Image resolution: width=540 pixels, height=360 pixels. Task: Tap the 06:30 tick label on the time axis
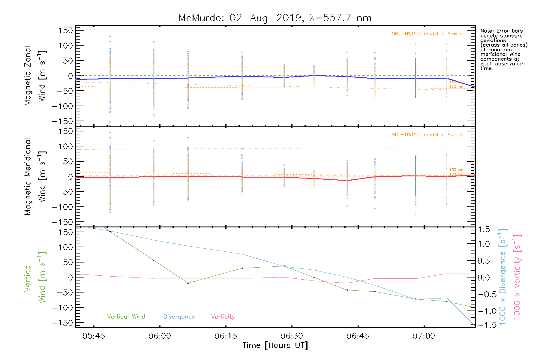[292, 336]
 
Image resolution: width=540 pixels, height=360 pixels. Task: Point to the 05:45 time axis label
[94, 336]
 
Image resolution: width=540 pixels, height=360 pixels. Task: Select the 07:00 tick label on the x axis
[424, 336]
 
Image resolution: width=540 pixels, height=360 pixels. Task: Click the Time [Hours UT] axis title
[275, 345]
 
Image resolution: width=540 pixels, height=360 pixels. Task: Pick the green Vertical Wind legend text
[126, 316]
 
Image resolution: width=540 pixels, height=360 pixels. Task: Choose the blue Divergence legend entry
[179, 316]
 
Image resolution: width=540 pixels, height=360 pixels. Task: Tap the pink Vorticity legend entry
[223, 316]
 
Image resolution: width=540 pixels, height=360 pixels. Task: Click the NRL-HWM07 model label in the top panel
[427, 34]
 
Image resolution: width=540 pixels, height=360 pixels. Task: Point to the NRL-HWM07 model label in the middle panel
[427, 135]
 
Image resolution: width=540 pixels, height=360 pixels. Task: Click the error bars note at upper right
[503, 49]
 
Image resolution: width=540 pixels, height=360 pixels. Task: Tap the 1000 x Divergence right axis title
[502, 277]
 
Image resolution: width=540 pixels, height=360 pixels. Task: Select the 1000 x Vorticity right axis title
[517, 277]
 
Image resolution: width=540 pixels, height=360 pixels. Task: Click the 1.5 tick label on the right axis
[484, 229]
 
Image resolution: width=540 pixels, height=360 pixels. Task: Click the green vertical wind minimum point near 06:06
[188, 283]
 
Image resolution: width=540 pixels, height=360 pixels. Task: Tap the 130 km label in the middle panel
[456, 170]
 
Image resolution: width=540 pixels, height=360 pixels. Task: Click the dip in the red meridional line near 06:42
[347, 181]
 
